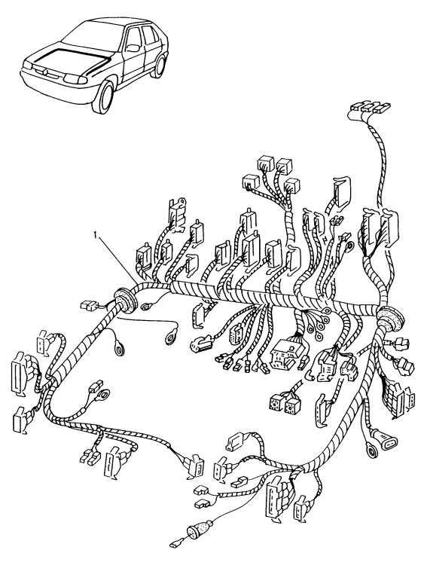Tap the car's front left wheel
(104, 96)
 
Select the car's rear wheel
(159, 66)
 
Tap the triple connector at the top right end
(364, 111)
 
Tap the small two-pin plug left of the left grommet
(87, 307)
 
